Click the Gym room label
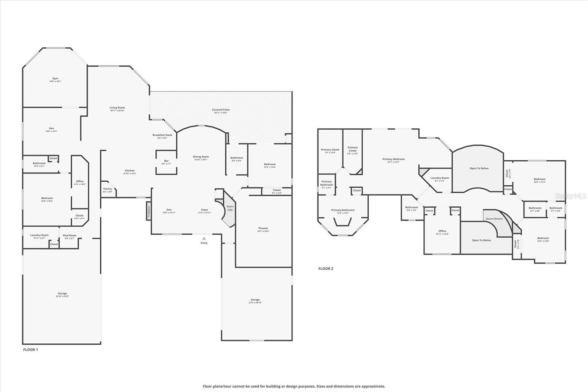pyautogui.click(x=55, y=78)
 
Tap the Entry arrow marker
pyautogui.click(x=204, y=238)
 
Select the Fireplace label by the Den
pyautogui.click(x=149, y=212)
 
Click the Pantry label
pyautogui.click(x=107, y=189)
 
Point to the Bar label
pyautogui.click(x=166, y=161)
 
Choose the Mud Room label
pyautogui.click(x=69, y=235)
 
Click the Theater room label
pyautogui.click(x=263, y=228)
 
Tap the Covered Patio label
pyautogui.click(x=221, y=110)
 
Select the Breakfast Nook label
pyautogui.click(x=162, y=135)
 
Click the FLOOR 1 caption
pyautogui.click(x=31, y=350)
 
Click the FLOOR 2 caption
pyautogui.click(x=326, y=269)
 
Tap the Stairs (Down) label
pyautogui.click(x=494, y=219)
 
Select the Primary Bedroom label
pyautogui.click(x=393, y=159)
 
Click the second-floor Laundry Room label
pyautogui.click(x=440, y=178)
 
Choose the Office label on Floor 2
pyautogui.click(x=442, y=231)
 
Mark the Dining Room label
pyautogui.click(x=201, y=157)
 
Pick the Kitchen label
pyautogui.click(x=130, y=171)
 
